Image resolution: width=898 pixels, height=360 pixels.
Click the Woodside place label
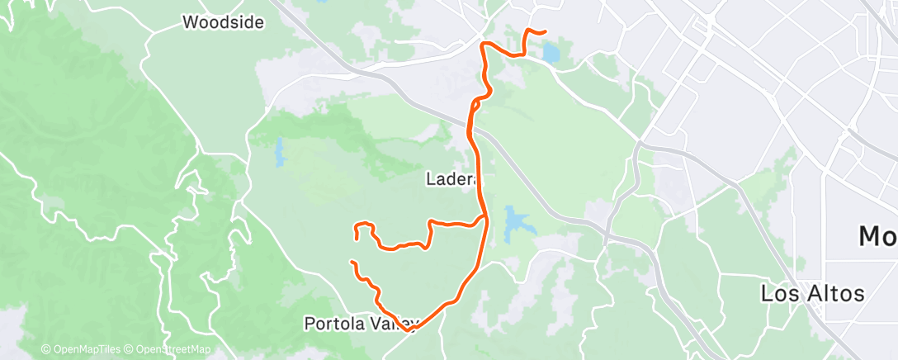[x=223, y=22]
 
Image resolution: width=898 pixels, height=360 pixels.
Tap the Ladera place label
[x=449, y=178]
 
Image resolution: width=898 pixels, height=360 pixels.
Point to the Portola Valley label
[x=362, y=323]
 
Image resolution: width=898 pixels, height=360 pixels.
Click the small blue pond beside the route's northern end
[x=550, y=54]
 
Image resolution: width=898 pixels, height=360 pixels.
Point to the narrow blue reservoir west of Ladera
[x=279, y=151]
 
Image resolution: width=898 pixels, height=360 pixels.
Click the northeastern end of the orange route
[x=545, y=31]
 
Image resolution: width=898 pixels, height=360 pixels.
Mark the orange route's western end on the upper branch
[x=356, y=239]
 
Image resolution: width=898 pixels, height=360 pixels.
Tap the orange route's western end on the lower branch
[x=352, y=262]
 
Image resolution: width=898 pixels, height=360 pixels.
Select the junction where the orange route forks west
[x=485, y=218]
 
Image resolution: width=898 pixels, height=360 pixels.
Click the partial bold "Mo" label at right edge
[x=877, y=238]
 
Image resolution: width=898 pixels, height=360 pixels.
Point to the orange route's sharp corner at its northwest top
[x=482, y=42]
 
